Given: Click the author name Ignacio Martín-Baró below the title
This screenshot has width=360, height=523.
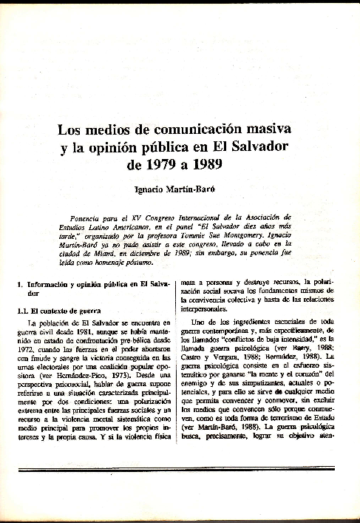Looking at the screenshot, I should (180, 189).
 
